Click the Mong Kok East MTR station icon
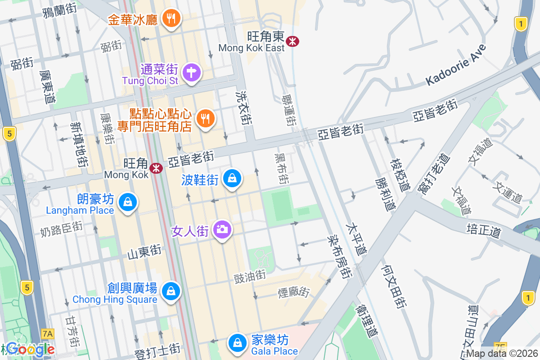[293, 41]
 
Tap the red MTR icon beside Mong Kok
[156, 168]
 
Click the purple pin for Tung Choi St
[192, 72]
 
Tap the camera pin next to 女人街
[221, 229]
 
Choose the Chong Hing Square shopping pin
[171, 291]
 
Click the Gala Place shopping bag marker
[236, 343]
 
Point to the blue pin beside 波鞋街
[232, 179]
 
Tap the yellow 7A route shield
[47, 333]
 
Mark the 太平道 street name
[356, 238]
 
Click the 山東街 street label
[144, 252]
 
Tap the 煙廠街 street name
[294, 292]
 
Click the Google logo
[30, 349]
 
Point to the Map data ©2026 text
[502, 354]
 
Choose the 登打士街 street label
[157, 349]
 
